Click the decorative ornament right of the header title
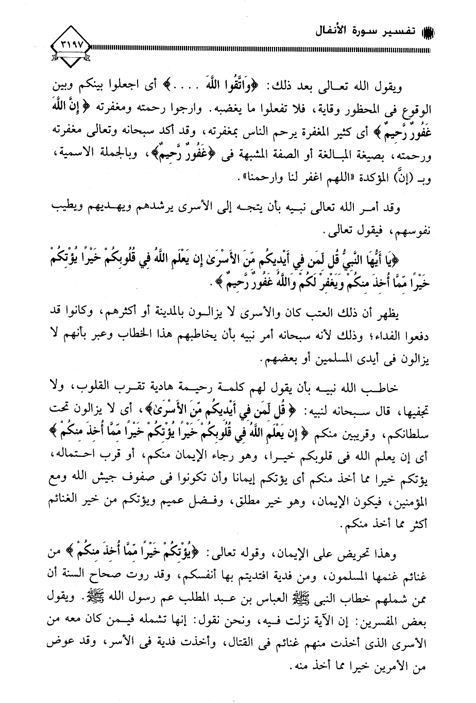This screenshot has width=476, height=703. [428, 30]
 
